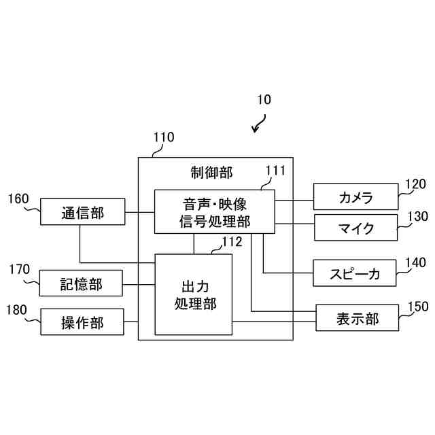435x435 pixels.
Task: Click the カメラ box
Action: coord(355,197)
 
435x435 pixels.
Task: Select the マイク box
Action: coord(355,228)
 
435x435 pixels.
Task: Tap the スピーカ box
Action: coord(355,273)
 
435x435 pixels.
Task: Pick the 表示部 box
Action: coord(357,317)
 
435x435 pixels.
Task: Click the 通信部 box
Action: coord(82,213)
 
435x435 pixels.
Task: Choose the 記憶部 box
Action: coord(82,283)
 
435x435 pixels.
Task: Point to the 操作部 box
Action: coord(82,322)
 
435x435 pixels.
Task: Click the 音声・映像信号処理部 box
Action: coord(215,211)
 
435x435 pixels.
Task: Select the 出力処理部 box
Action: coord(194,294)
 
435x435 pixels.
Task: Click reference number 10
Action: coord(264,99)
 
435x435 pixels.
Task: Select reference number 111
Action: coord(275,170)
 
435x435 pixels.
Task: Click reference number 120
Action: coord(415,184)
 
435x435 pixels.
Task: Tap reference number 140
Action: coord(415,262)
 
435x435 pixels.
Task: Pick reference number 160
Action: coord(18,199)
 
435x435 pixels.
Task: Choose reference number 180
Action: coord(18,310)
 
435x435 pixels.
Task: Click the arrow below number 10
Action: coord(258,124)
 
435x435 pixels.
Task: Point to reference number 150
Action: coord(418,306)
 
